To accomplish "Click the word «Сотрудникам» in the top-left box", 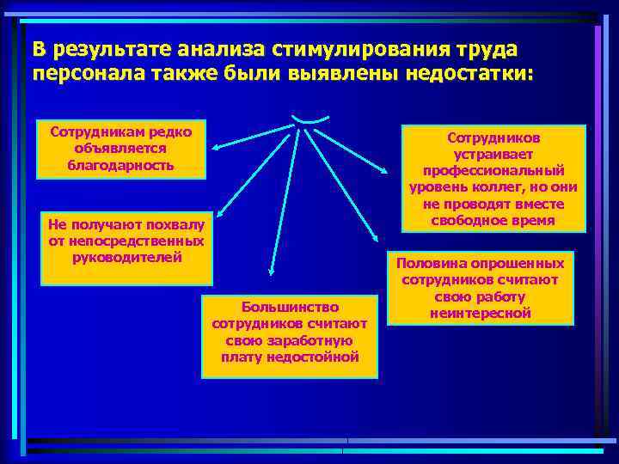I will tap(93, 132).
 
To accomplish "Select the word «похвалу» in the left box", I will tap(175, 225).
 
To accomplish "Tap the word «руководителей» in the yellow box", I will tap(126, 256).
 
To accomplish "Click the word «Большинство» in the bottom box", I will tap(290, 307).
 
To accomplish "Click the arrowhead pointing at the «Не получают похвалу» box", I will tap(218, 218).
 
